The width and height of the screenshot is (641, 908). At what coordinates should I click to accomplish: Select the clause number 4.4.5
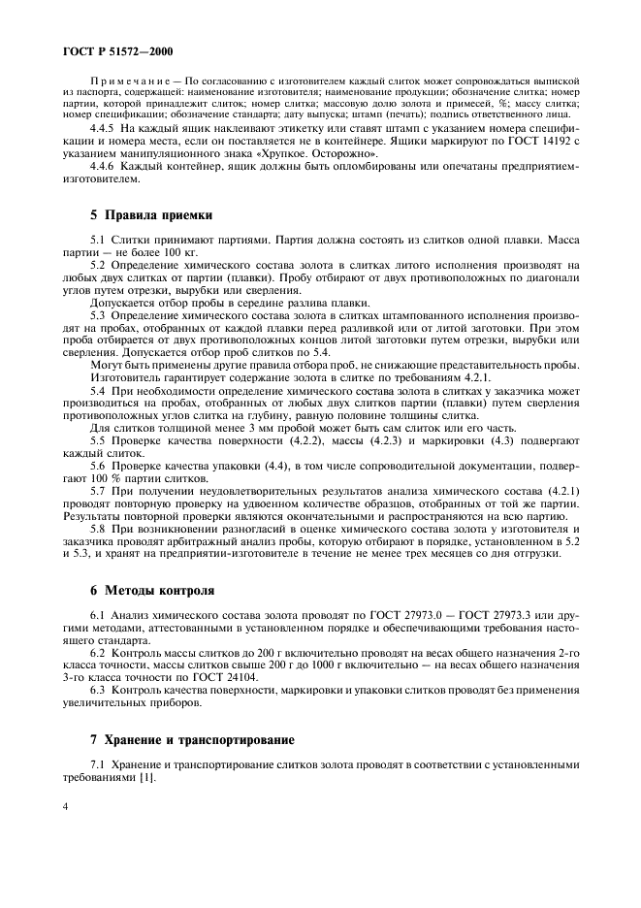pyautogui.click(x=102, y=130)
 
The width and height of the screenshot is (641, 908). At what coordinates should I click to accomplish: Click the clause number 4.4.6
pyautogui.click(x=102, y=167)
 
